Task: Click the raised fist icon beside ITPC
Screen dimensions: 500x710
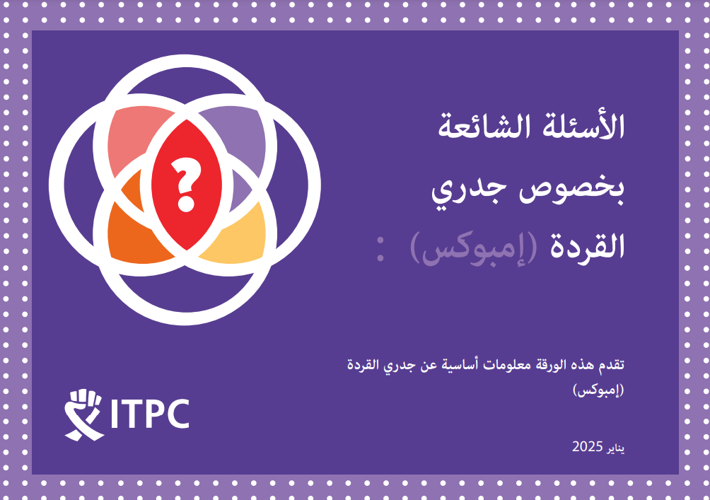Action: click(83, 414)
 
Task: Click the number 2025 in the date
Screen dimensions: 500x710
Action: click(587, 446)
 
